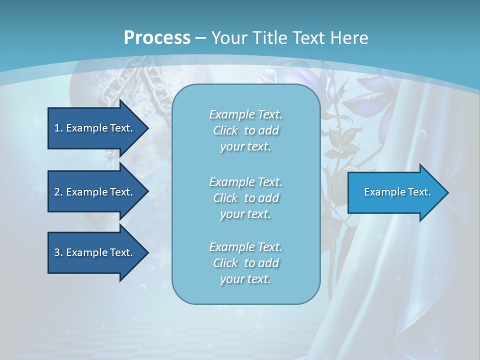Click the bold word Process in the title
[x=157, y=38]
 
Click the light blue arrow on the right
[x=395, y=192]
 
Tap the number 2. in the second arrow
[x=58, y=192]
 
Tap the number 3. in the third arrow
[x=58, y=252]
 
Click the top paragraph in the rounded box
[x=245, y=130]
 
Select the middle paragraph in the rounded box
[x=245, y=197]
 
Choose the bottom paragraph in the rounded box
[x=245, y=263]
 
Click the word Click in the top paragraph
[x=225, y=130]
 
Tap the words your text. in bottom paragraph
[x=245, y=279]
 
